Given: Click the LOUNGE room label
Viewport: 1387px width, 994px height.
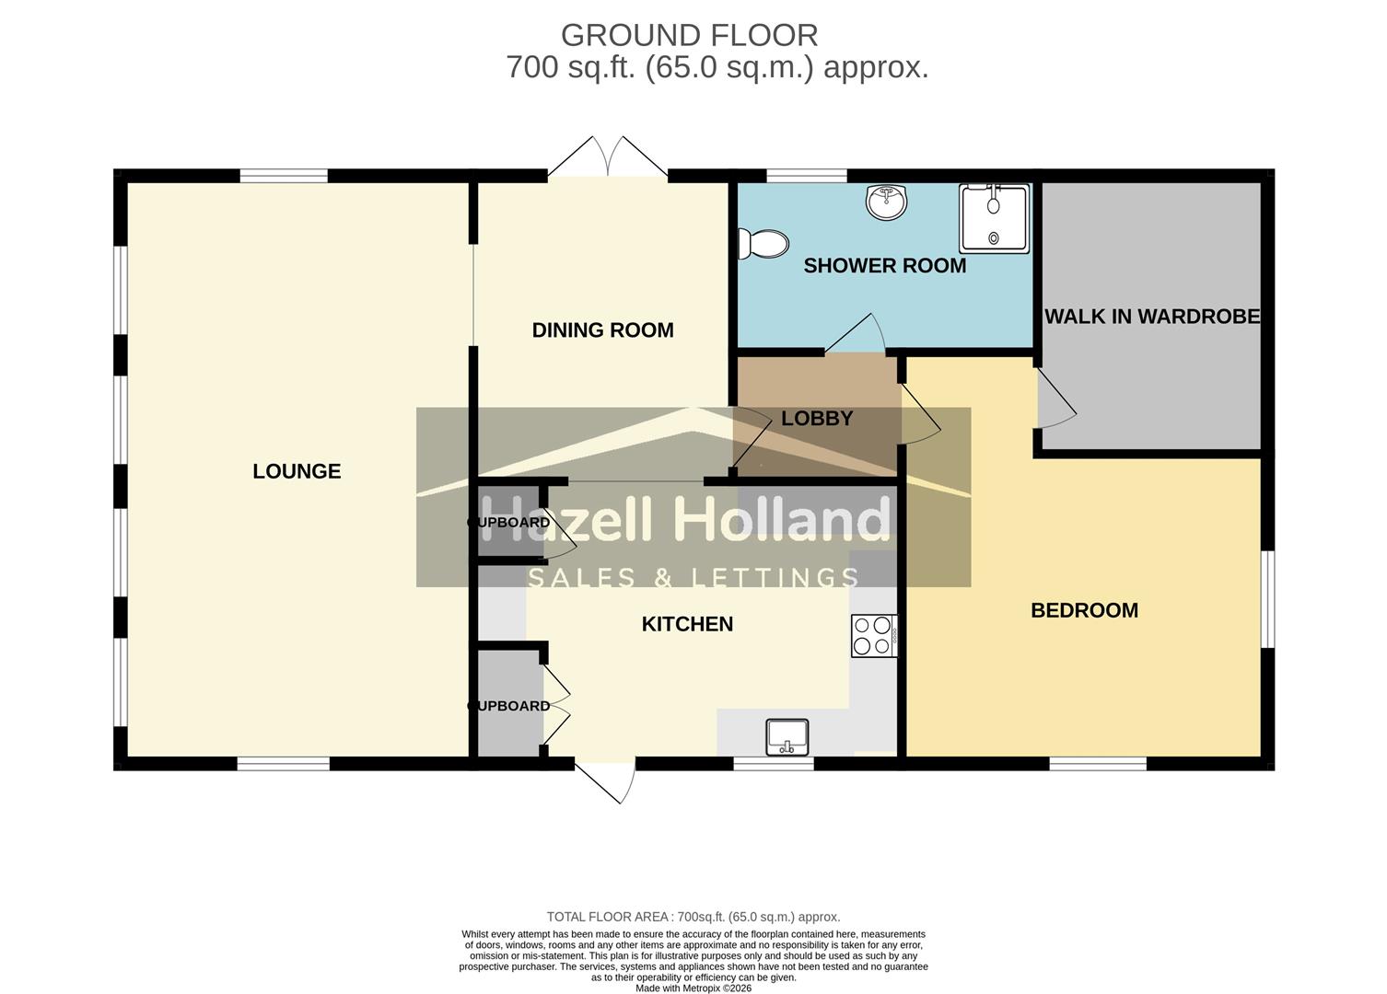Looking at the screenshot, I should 297,471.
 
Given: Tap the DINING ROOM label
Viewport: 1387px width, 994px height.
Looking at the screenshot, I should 602,330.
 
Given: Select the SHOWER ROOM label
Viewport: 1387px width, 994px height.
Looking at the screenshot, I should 884,266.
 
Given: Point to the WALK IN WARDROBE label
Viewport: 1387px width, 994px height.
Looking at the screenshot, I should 1151,317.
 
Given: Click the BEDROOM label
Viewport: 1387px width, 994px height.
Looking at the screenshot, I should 1084,610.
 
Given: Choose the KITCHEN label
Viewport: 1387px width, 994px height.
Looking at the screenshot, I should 687,624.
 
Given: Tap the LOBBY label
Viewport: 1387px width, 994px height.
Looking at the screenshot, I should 817,419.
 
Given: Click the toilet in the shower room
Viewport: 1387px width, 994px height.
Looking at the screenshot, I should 763,244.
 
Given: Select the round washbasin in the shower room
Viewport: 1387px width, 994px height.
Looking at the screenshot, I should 887,202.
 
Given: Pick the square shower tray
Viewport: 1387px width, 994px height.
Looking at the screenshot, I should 995,218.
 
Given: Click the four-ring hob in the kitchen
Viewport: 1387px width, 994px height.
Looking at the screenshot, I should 874,635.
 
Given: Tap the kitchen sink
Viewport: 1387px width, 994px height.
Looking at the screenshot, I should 787,737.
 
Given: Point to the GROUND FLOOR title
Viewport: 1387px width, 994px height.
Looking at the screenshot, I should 689,35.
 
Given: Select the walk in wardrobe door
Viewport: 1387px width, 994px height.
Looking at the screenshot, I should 1055,399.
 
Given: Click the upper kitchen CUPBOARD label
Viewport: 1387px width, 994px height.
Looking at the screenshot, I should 509,523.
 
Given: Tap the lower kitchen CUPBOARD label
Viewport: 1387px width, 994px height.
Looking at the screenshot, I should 509,706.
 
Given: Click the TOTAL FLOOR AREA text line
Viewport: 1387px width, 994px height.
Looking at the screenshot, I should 693,917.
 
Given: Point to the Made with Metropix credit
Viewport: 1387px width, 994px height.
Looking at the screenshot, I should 693,988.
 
